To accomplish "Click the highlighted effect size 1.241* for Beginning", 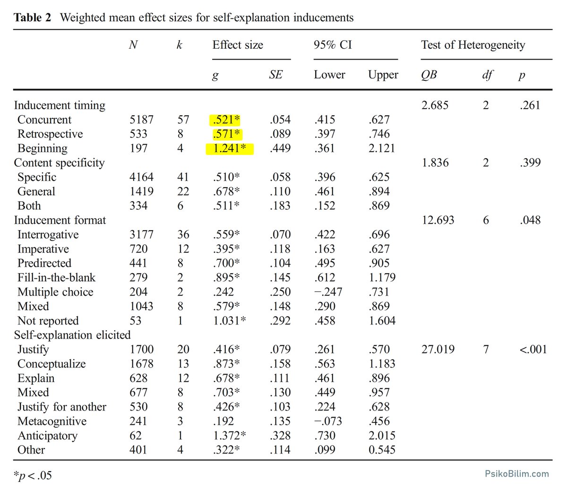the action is (x=230, y=149).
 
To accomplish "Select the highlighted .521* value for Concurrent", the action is (x=226, y=120).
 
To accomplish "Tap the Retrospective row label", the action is (x=50, y=134).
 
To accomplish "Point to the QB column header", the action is (x=429, y=75).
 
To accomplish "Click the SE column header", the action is (x=275, y=75).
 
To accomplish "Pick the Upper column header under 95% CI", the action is (x=383, y=75).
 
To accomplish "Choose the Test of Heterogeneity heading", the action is (x=473, y=45).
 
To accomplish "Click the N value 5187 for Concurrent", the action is (x=141, y=120).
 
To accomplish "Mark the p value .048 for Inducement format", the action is (x=530, y=220).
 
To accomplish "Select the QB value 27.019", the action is (x=438, y=350).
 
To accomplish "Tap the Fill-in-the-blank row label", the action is (x=56, y=277).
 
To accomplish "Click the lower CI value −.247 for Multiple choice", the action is (x=328, y=292).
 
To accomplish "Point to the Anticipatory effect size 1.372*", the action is (x=230, y=436).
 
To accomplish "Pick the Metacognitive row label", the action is (x=52, y=421).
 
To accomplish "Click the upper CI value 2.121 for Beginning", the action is (x=382, y=149).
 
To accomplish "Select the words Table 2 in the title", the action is (x=33, y=17).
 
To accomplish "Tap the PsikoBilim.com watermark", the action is (x=517, y=473).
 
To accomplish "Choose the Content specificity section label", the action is (x=59, y=163).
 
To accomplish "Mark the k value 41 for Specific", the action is (x=183, y=177).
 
